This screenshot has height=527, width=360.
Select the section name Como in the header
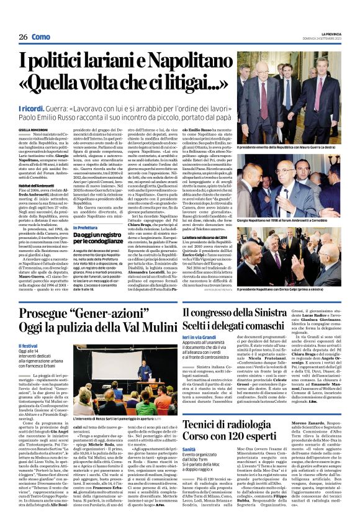[x=42, y=37]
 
